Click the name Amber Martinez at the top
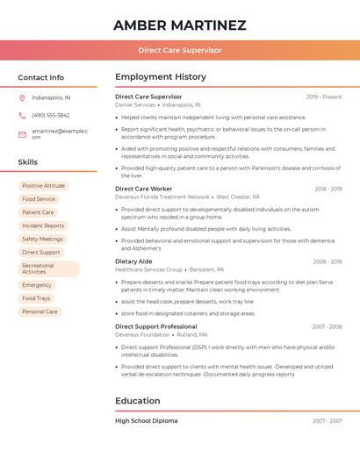[x=179, y=25]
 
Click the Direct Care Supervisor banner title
[x=179, y=50]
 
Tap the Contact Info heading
[x=40, y=77]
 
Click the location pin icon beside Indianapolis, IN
[x=22, y=97]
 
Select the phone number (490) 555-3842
[x=50, y=115]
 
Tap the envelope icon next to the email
[x=22, y=133]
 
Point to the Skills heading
[x=27, y=162]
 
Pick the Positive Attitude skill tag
[x=43, y=186]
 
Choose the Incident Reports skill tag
[x=43, y=225]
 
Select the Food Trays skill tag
[x=36, y=298]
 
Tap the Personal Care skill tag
[x=40, y=311]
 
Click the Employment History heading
[x=161, y=77]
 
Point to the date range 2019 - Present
[x=324, y=97]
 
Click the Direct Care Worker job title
[x=143, y=189]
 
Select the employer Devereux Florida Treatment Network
[x=162, y=197]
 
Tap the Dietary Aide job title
[x=133, y=261]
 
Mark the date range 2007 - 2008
[x=327, y=326]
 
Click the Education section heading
[x=138, y=401]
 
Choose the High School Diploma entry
[x=146, y=421]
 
